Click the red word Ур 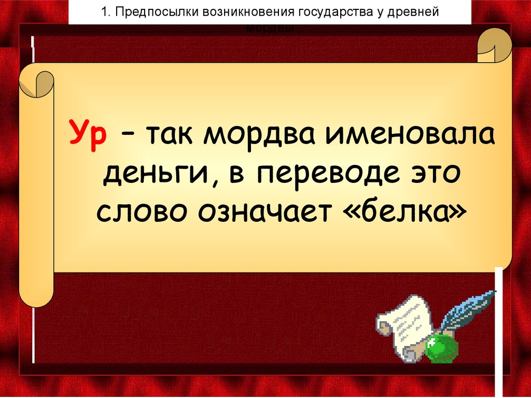click(x=88, y=137)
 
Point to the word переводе click(x=318, y=175)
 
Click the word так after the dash click(x=171, y=137)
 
